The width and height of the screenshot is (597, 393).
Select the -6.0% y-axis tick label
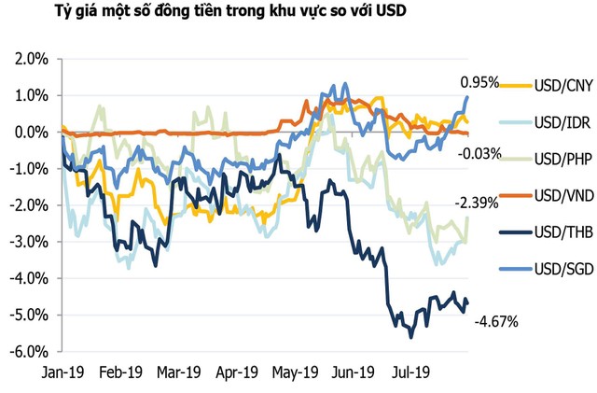[x=31, y=352]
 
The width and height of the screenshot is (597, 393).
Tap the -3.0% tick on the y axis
[x=31, y=242]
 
